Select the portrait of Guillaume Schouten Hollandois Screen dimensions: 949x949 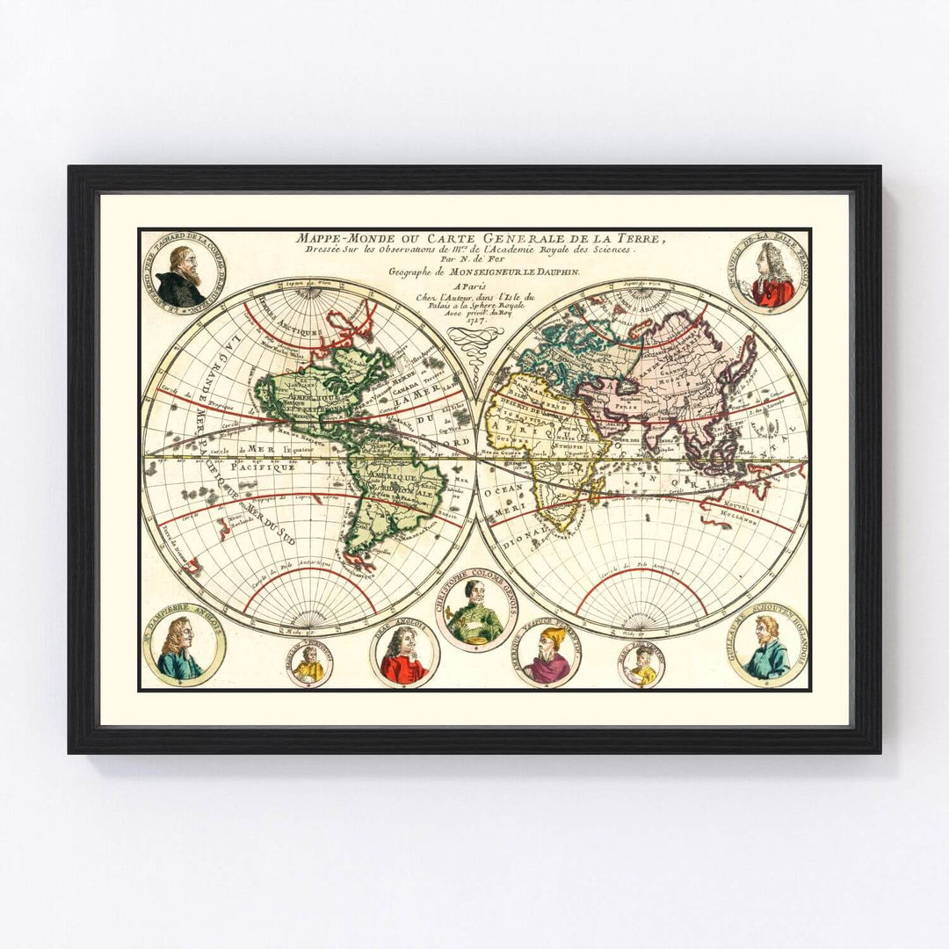[x=767, y=646]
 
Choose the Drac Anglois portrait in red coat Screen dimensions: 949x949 [x=404, y=655]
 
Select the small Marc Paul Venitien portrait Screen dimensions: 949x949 [x=641, y=665]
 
